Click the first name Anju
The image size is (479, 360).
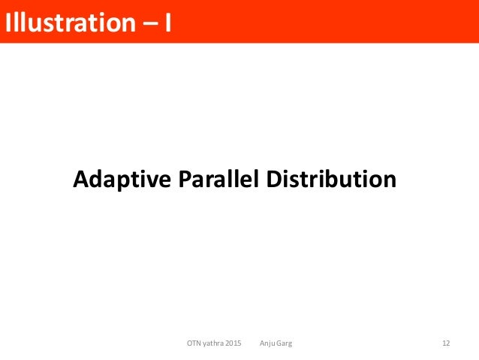click(267, 343)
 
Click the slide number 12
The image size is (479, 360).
click(446, 343)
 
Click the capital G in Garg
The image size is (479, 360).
click(279, 343)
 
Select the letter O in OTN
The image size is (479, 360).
click(189, 343)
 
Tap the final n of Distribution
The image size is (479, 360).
click(389, 181)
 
